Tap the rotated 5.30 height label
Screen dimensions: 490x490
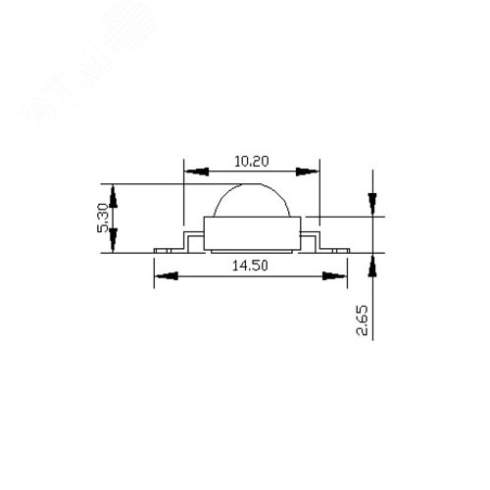pos(102,218)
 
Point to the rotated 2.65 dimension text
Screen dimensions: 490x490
pos(364,319)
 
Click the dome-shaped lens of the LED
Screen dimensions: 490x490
pos(251,200)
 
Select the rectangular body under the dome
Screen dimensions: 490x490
pos(251,231)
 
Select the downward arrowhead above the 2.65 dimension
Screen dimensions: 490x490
pos(372,204)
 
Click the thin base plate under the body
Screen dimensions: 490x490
pos(251,251)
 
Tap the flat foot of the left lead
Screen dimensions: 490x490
pos(167,249)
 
